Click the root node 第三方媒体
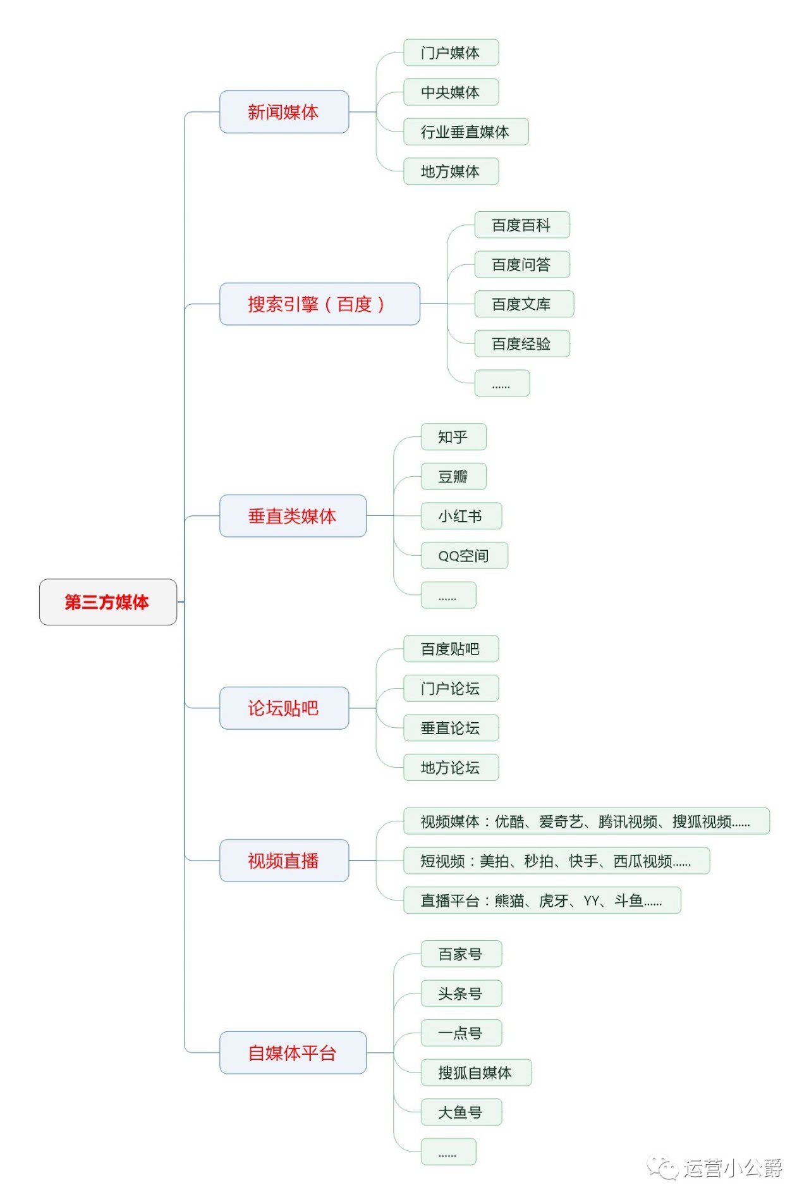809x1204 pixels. pyautogui.click(x=107, y=602)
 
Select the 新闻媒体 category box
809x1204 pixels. pyautogui.click(x=284, y=112)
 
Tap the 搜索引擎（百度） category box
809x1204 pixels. pyautogui.click(x=319, y=304)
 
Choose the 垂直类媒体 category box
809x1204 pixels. pyautogui.click(x=293, y=516)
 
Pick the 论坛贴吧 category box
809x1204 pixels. pyautogui.click(x=284, y=708)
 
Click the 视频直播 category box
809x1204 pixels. pyautogui.click(x=284, y=861)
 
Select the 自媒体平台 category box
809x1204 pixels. pyautogui.click(x=293, y=1053)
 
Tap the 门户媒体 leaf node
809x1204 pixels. pyautogui.click(x=451, y=52)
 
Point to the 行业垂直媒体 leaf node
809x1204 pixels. pyautogui.click(x=466, y=132)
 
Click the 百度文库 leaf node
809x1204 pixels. pyautogui.click(x=523, y=304)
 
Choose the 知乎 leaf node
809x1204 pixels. pyautogui.click(x=453, y=437)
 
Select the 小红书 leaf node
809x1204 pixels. pyautogui.click(x=461, y=516)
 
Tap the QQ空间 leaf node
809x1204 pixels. pyautogui.click(x=464, y=556)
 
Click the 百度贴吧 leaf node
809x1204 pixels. pyautogui.click(x=451, y=649)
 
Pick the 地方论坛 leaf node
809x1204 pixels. pyautogui.click(x=451, y=768)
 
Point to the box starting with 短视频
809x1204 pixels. pyautogui.click(x=556, y=861)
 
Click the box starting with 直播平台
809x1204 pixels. pyautogui.click(x=542, y=900)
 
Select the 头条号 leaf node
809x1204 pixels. pyautogui.click(x=461, y=993)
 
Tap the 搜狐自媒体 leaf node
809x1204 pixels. pyautogui.click(x=476, y=1072)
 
